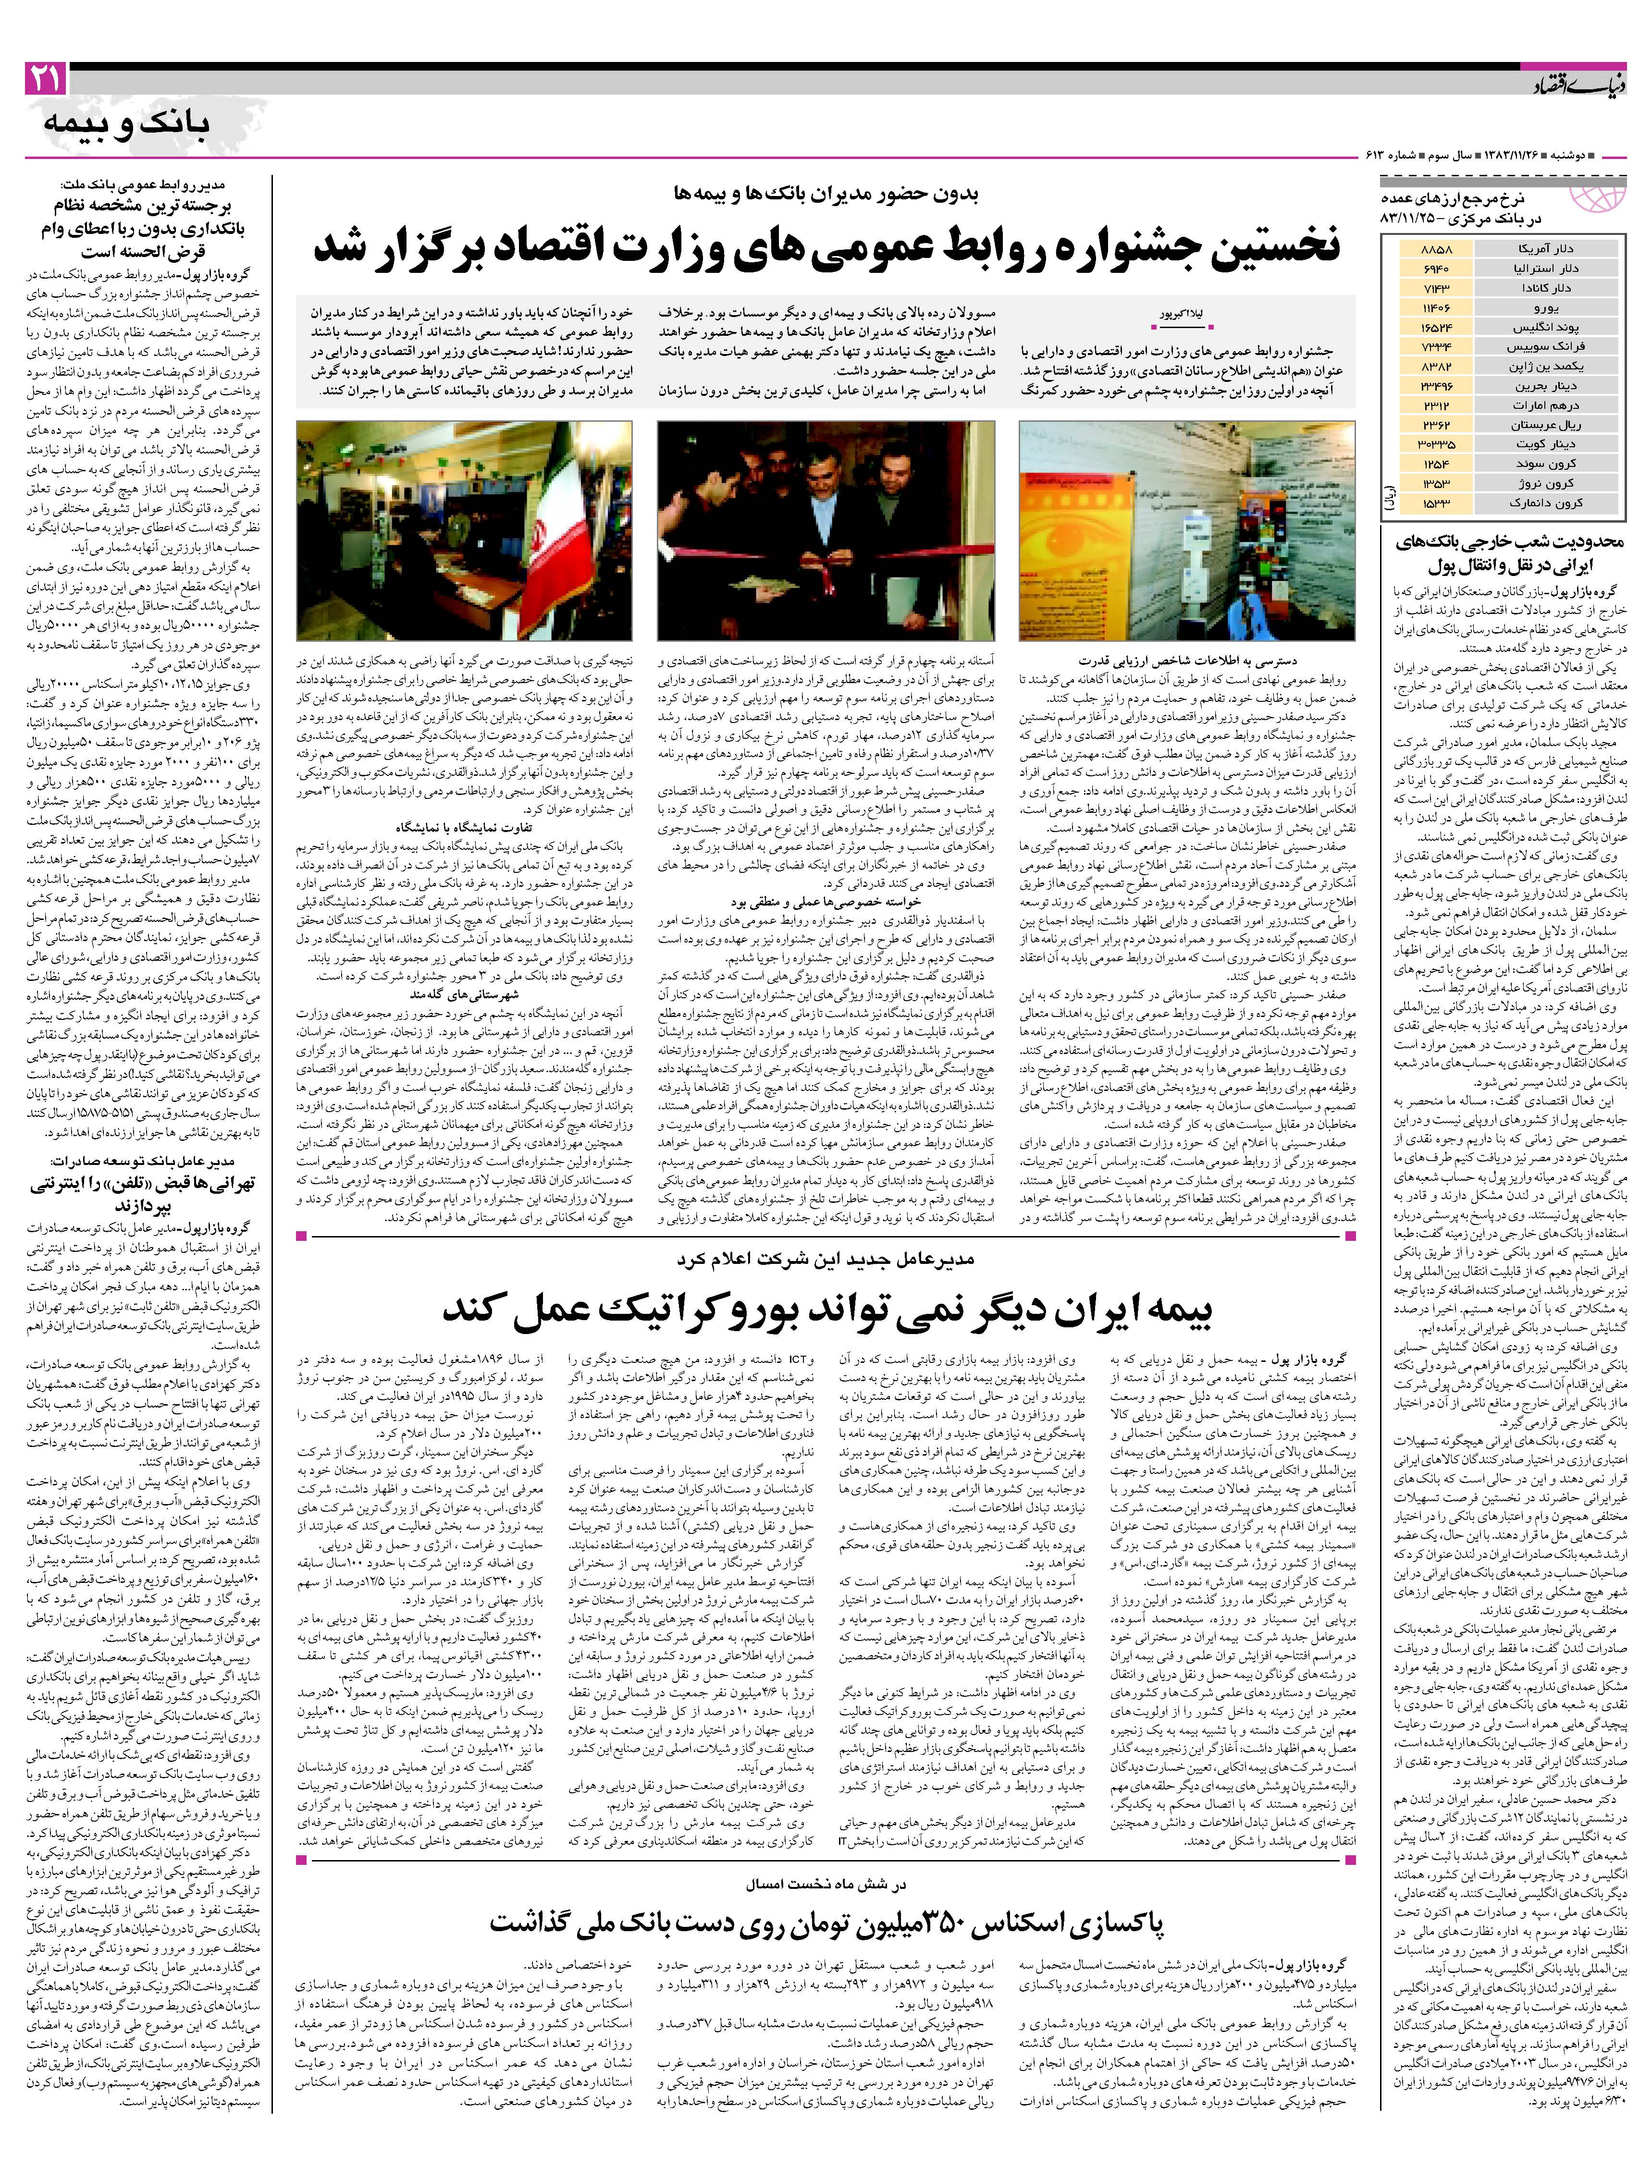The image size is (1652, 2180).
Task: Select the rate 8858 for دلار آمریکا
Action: click(1434, 249)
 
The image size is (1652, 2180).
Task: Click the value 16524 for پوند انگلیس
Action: click(1434, 327)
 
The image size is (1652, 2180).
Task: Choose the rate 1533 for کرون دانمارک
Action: click(1434, 502)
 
